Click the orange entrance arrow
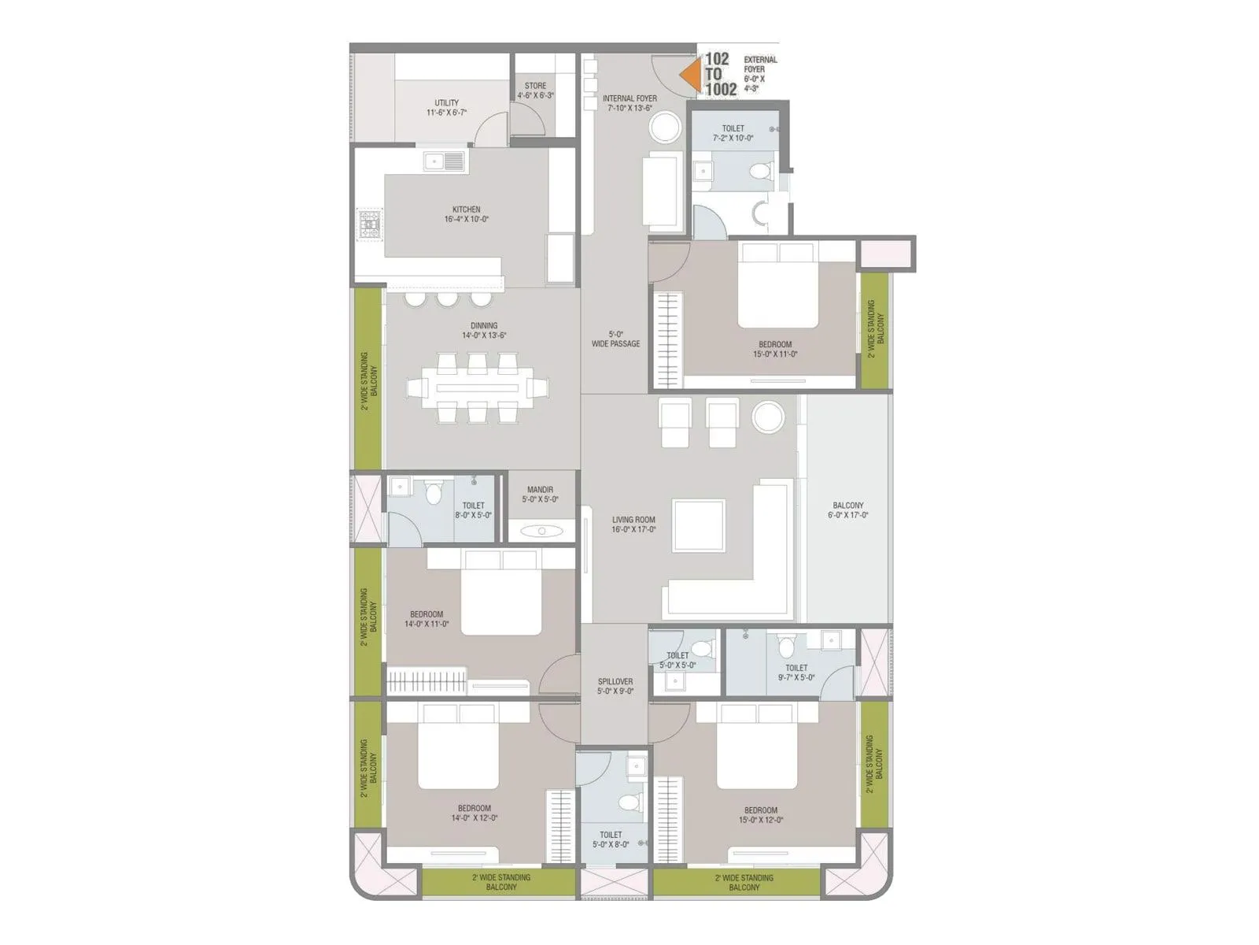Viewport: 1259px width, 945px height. pos(691,74)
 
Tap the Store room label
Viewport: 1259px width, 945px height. pos(535,91)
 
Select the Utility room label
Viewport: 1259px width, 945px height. pos(446,108)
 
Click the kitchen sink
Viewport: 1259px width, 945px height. pos(444,161)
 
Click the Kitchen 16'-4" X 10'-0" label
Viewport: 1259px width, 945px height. pos(466,214)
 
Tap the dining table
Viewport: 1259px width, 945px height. pos(478,387)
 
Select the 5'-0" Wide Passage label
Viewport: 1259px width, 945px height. pos(615,339)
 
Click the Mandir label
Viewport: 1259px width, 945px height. pos(540,494)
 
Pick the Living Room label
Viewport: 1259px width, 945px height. pos(633,524)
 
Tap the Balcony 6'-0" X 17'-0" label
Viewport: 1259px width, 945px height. pos(847,510)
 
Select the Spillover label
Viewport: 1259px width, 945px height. pos(615,686)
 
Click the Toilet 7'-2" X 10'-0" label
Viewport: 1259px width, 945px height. pos(733,133)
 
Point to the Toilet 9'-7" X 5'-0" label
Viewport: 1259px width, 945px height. pos(796,672)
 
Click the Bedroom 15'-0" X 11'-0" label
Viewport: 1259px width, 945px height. pos(775,349)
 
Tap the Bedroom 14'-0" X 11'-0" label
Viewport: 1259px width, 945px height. pos(426,619)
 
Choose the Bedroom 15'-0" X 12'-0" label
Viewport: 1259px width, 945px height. pos(761,814)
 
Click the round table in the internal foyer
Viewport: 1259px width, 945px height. pos(665,127)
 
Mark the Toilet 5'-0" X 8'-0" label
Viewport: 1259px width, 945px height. pos(611,839)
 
